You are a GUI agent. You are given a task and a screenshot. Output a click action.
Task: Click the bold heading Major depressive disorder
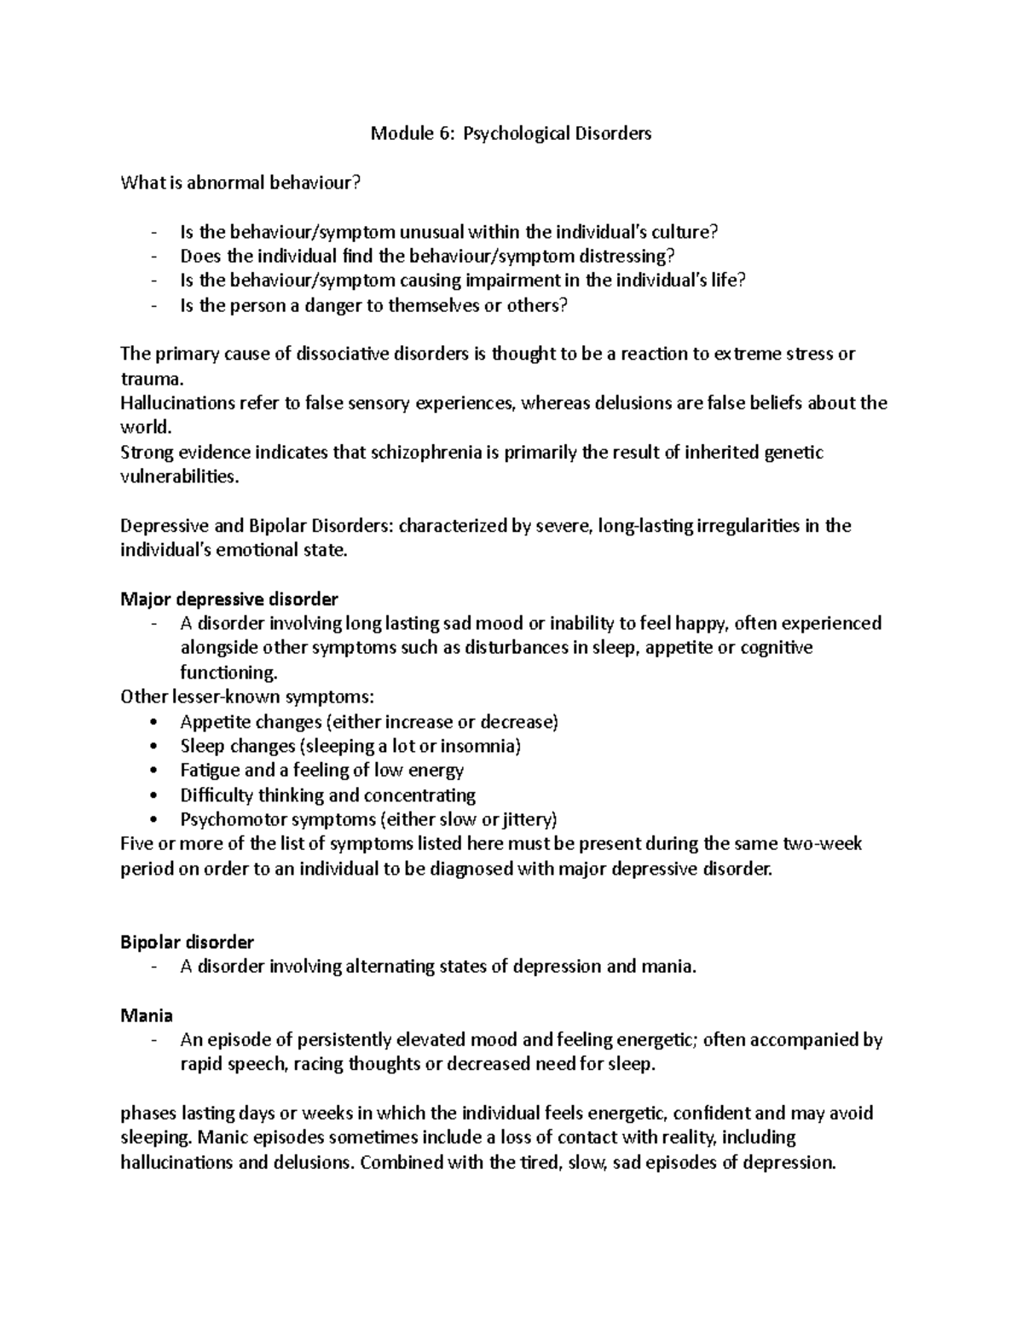click(x=229, y=598)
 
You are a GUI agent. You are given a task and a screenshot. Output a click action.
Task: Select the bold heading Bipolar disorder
click(x=187, y=942)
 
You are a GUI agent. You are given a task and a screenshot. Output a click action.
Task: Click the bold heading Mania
click(x=147, y=1015)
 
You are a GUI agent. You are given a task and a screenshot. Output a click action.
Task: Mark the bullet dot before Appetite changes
click(x=153, y=722)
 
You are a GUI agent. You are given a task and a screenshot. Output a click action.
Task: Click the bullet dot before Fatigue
click(x=153, y=771)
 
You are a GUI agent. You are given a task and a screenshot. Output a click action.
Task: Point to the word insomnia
click(x=483, y=746)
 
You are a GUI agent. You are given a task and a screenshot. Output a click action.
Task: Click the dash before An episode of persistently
click(x=153, y=1040)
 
